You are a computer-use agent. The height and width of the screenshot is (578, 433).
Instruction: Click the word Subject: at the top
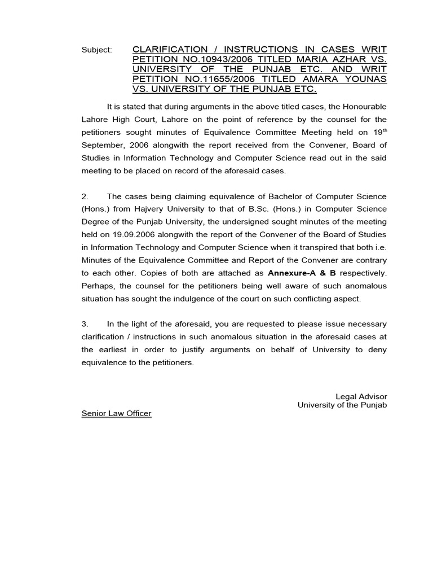[96, 50]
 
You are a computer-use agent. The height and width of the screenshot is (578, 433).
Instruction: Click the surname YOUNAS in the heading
[366, 79]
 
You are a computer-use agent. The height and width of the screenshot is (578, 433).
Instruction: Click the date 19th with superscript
[379, 132]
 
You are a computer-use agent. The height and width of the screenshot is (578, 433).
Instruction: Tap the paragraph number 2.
[85, 196]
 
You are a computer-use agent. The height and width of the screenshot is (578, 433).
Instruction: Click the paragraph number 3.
[85, 325]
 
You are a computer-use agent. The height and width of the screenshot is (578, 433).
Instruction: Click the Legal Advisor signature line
[361, 397]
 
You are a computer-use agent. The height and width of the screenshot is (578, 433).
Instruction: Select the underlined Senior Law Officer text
[116, 414]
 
